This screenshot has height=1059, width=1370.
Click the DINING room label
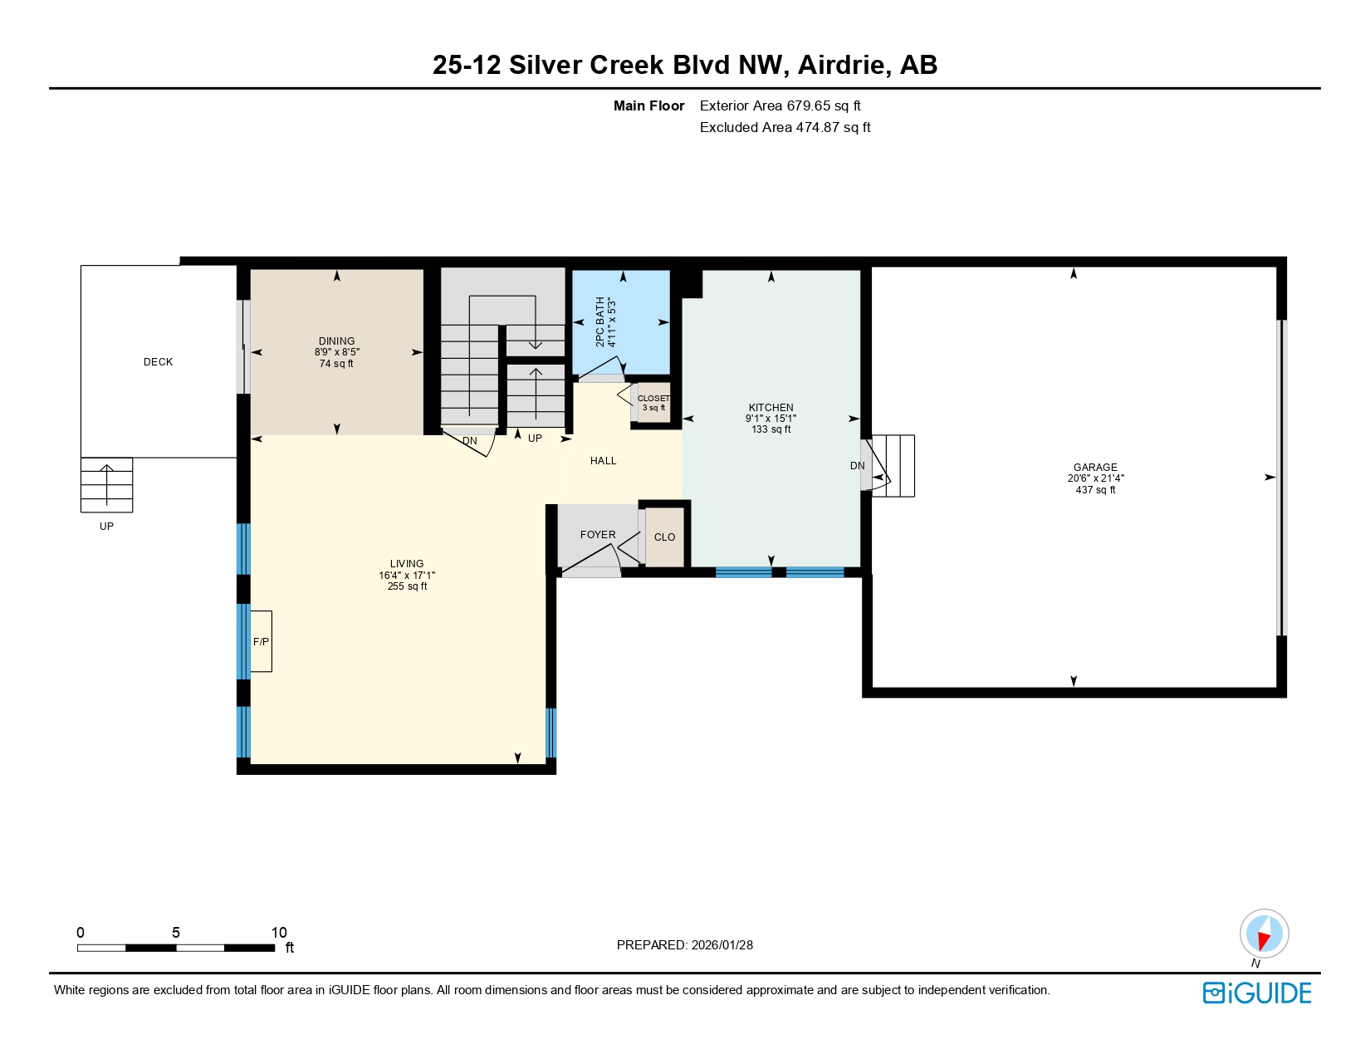click(336, 341)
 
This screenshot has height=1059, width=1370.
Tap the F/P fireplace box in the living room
click(261, 641)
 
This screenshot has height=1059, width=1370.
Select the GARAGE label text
click(1095, 468)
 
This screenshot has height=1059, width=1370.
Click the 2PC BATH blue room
click(621, 322)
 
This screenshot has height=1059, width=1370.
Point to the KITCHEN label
click(771, 408)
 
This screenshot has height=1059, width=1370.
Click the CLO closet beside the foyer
click(664, 537)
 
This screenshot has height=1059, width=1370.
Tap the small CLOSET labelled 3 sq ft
click(653, 403)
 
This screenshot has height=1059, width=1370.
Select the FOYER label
click(598, 535)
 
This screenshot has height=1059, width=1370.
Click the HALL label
click(603, 461)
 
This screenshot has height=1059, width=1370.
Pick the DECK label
click(158, 362)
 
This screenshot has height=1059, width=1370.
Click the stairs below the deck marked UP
click(106, 485)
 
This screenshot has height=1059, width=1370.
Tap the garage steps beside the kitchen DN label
click(895, 466)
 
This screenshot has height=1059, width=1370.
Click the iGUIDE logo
click(1257, 993)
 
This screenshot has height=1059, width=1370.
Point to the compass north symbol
click(1264, 934)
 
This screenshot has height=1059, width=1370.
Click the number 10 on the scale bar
click(279, 933)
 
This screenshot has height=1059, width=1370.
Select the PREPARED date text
click(684, 945)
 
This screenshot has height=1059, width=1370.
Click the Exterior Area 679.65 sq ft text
click(780, 105)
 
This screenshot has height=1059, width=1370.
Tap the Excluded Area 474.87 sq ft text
click(785, 127)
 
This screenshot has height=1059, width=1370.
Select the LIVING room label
click(407, 564)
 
